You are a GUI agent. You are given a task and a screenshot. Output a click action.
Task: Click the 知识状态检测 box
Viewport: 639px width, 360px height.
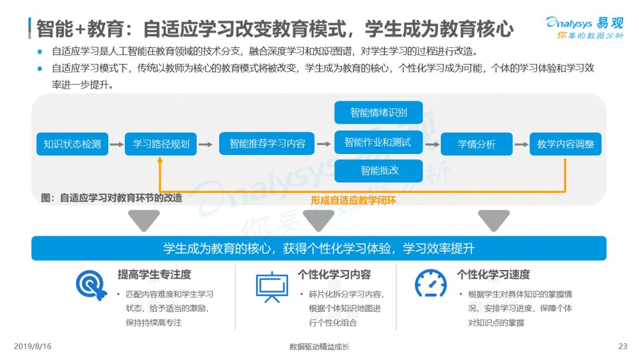pos(72,144)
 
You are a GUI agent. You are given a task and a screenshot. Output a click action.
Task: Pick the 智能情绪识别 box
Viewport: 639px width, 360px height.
pos(379,112)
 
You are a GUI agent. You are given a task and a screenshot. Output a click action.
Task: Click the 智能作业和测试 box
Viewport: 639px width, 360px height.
pos(379,142)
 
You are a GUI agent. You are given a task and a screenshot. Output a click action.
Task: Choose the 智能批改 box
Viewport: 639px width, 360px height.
pos(379,171)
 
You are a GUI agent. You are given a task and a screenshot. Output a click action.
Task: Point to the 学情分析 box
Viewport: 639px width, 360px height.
pos(476,144)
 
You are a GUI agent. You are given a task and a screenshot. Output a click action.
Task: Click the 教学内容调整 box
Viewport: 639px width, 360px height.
pos(566,144)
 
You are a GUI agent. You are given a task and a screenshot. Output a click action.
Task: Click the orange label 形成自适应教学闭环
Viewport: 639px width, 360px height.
pos(353,200)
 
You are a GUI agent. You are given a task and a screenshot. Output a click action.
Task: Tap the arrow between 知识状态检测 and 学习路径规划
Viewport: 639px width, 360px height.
pos(117,144)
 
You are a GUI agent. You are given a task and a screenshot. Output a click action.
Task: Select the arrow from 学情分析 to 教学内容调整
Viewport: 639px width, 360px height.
pos(521,144)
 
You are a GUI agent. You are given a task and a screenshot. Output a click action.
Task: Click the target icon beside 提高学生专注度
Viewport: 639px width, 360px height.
pos(91,285)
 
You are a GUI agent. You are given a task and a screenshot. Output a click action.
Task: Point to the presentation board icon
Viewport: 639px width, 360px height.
pos(272,286)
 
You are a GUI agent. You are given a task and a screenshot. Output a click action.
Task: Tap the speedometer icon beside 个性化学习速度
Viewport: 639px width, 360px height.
pos(431,284)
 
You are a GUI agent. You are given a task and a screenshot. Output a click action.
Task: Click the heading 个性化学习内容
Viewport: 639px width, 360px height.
pos(334,275)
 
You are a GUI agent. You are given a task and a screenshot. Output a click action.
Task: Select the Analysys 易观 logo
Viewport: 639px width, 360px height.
pos(584,27)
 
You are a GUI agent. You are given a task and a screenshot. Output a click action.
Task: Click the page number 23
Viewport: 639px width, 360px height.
pos(622,346)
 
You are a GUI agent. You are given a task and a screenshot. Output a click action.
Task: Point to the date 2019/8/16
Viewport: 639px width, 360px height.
pos(33,346)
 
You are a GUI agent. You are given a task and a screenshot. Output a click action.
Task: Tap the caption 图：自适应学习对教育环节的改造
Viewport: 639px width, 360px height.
pos(112,198)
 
